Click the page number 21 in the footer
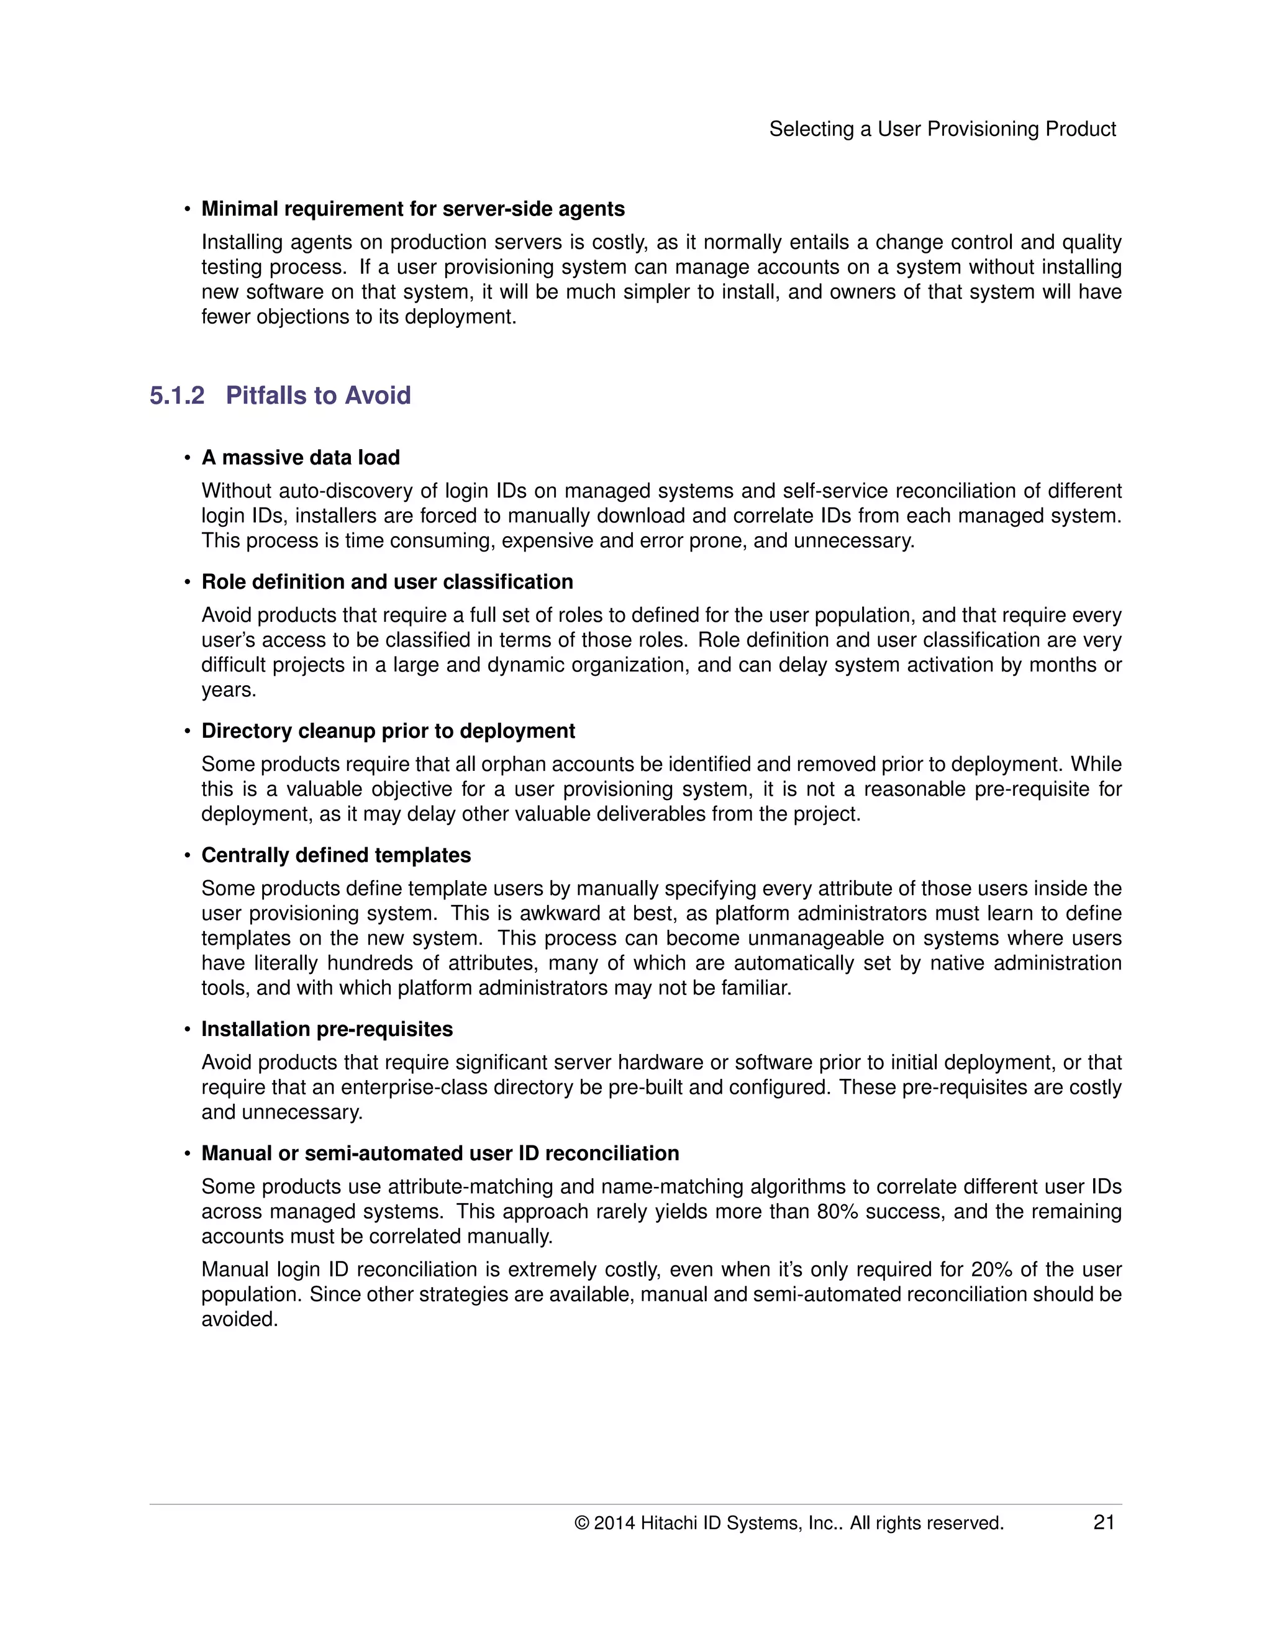click(1103, 1522)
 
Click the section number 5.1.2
click(176, 395)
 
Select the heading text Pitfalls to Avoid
click(318, 395)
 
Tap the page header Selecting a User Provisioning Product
click(942, 129)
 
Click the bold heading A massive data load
click(300, 458)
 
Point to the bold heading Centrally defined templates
click(335, 855)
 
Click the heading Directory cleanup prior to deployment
click(388, 730)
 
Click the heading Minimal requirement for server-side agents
click(412, 209)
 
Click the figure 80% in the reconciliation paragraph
click(837, 1211)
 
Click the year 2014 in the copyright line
click(614, 1523)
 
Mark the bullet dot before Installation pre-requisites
click(187, 1029)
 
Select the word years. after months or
click(229, 689)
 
